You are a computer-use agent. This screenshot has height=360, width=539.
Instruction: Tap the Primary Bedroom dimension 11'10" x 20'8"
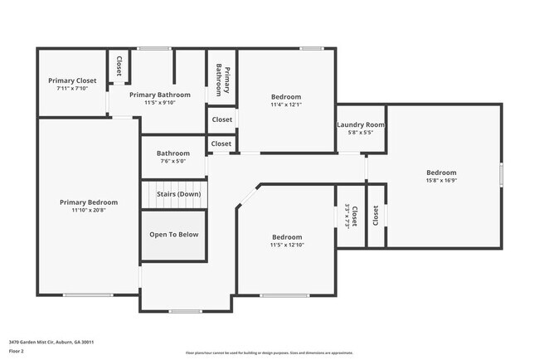click(88, 210)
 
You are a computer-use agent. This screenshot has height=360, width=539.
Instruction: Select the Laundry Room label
click(361, 124)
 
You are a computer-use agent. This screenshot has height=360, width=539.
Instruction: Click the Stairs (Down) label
click(178, 194)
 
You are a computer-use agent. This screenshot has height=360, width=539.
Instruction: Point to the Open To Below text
click(174, 234)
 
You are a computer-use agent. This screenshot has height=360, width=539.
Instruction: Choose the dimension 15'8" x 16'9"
click(443, 180)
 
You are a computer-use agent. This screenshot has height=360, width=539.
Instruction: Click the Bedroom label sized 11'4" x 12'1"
click(286, 97)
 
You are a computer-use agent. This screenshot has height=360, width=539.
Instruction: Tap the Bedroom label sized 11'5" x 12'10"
click(286, 236)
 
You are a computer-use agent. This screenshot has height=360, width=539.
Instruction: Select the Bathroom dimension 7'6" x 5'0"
click(173, 161)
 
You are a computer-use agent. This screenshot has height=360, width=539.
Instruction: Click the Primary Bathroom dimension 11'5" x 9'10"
click(160, 103)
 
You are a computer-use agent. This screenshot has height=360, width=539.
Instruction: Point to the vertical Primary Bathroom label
click(222, 79)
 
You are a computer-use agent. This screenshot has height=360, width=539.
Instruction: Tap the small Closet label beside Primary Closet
click(119, 66)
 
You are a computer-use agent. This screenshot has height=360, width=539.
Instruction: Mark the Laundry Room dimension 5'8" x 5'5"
click(361, 132)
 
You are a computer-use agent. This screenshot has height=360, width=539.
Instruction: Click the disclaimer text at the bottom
click(269, 353)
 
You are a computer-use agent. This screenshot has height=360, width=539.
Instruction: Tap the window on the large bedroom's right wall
click(501, 175)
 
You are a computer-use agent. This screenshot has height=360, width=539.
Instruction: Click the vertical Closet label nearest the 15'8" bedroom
click(376, 216)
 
